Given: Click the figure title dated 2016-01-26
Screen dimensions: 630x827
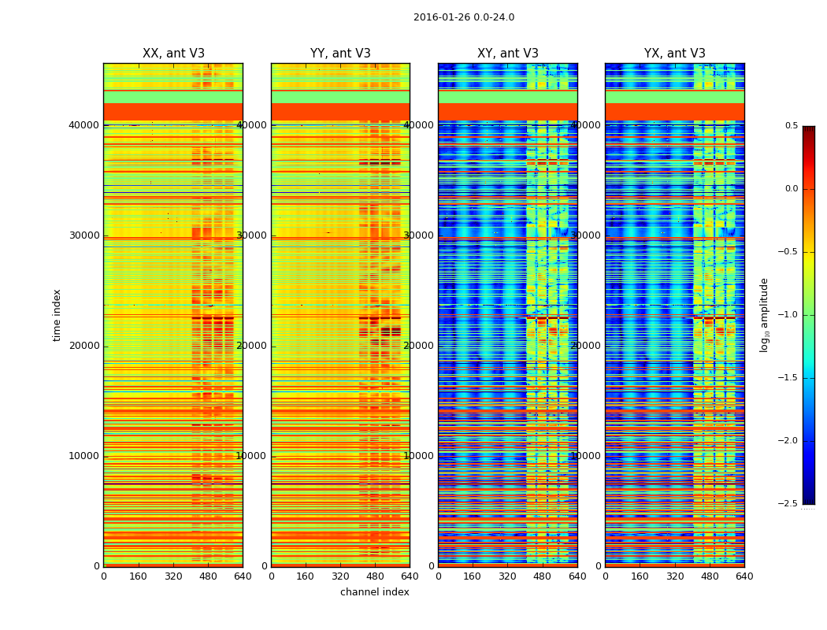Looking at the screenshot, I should [463, 17].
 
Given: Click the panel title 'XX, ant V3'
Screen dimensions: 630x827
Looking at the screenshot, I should [173, 54].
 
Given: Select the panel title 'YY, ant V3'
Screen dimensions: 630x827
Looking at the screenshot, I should [340, 54].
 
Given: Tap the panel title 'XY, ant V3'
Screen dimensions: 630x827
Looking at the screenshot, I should [508, 54].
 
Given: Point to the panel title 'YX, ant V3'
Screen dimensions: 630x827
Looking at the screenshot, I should [675, 54].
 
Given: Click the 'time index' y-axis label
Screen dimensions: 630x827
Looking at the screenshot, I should [57, 315].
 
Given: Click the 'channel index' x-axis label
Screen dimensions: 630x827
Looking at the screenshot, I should [374, 592].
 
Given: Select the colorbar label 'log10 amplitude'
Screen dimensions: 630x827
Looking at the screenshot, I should [764, 315].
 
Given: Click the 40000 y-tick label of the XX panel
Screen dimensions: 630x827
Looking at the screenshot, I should [84, 125].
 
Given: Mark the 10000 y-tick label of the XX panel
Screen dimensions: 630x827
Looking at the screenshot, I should [84, 456].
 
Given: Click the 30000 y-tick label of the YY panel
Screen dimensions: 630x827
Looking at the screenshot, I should [252, 235].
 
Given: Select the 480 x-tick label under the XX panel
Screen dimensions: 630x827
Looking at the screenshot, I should [208, 576].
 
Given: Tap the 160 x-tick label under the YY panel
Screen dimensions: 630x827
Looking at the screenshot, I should [306, 576].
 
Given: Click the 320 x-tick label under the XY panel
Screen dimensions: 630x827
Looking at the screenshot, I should [507, 576].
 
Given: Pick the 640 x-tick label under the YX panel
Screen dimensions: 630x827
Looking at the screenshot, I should [744, 576].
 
